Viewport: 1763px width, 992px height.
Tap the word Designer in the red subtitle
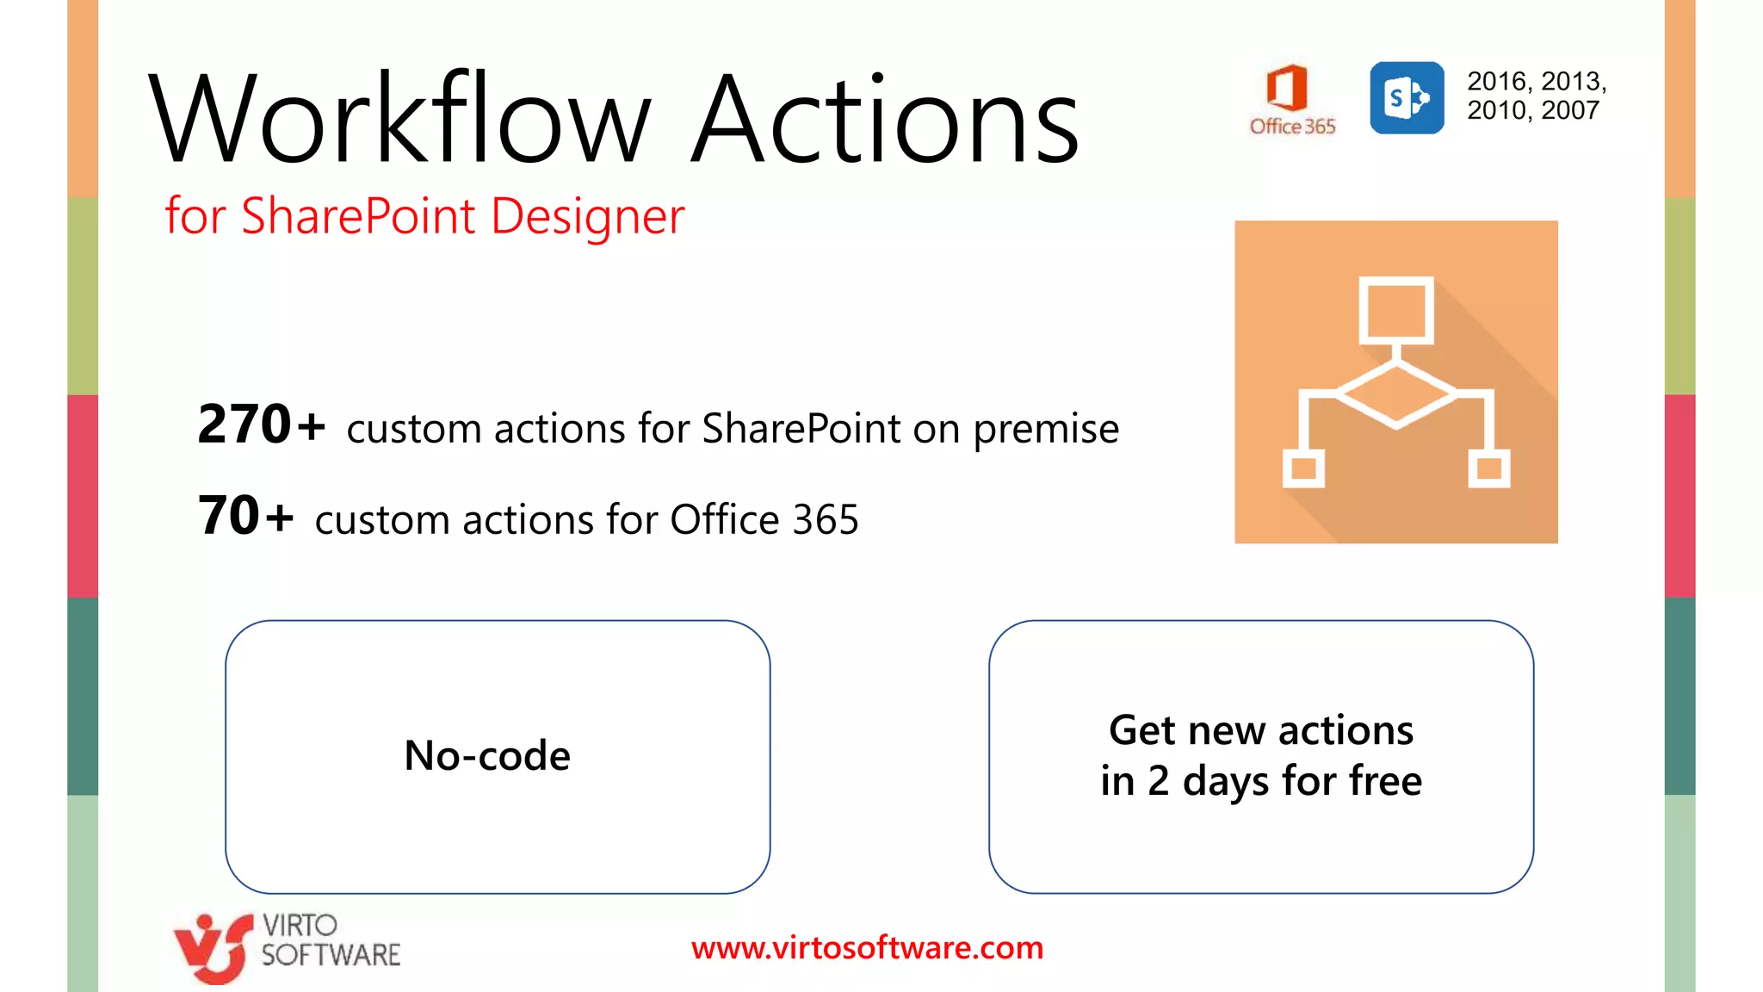(x=587, y=216)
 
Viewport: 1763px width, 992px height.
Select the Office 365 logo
(x=1291, y=99)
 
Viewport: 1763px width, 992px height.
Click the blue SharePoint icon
(x=1407, y=98)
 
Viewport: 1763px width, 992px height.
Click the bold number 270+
(x=261, y=425)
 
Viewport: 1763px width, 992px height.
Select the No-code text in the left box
(x=487, y=755)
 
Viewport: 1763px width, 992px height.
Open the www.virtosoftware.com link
(x=867, y=948)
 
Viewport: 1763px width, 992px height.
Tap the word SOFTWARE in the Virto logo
(x=331, y=955)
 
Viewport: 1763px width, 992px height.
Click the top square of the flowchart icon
(x=1395, y=310)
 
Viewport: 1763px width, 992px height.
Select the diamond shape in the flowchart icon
(x=1395, y=394)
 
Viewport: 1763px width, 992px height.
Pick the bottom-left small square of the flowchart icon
(x=1303, y=468)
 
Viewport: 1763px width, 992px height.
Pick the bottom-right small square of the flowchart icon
(x=1488, y=468)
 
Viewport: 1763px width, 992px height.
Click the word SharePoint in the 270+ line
(x=801, y=429)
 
